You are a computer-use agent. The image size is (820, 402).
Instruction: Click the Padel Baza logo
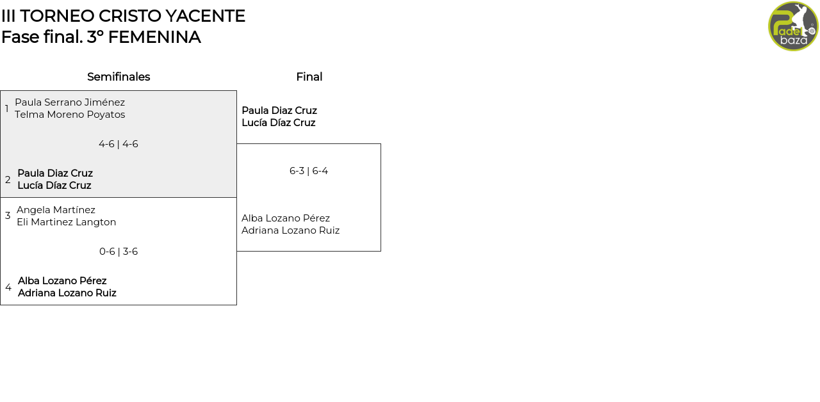point(793,26)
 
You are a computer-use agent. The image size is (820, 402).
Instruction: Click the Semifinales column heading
point(119,77)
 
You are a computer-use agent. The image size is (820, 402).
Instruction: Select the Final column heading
point(309,77)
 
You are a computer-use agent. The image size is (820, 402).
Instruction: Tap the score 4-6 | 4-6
point(119,144)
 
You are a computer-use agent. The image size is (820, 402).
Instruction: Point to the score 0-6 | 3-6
point(119,252)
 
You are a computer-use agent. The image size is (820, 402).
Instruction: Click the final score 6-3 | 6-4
point(309,171)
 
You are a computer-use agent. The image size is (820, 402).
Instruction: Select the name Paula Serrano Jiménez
point(70,102)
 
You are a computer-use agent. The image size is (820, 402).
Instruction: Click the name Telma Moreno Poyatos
point(70,115)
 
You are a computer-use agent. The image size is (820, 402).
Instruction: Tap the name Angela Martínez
point(56,210)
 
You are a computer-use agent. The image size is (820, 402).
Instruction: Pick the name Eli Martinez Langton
point(66,222)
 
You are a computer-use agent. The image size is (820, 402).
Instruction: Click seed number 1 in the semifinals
point(7,109)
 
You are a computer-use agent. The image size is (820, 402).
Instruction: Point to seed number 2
point(8,180)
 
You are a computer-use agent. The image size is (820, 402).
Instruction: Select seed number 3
point(8,216)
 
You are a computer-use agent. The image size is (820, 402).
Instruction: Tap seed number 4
point(8,287)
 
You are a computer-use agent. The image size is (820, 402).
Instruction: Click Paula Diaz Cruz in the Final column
point(279,111)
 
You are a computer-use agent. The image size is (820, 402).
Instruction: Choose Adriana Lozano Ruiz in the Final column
point(291,230)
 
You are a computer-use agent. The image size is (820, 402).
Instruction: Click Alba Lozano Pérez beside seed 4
point(62,281)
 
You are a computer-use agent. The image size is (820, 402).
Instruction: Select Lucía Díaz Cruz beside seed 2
point(54,186)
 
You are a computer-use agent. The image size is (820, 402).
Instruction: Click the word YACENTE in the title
point(206,16)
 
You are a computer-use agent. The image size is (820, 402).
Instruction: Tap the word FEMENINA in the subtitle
point(154,37)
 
